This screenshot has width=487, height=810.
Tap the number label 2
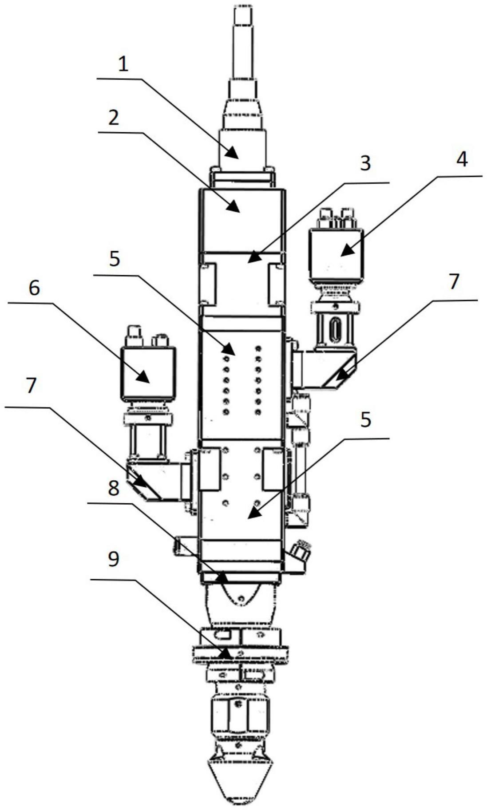pyautogui.click(x=114, y=118)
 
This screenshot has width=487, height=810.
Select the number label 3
pyautogui.click(x=365, y=164)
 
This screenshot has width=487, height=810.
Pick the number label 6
pyautogui.click(x=34, y=288)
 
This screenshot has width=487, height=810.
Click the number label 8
pyautogui.click(x=114, y=489)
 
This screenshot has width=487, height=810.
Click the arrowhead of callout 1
pyautogui.click(x=233, y=153)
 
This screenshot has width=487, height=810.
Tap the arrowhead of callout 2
pyautogui.click(x=234, y=206)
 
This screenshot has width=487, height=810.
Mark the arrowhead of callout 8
pyautogui.click(x=221, y=577)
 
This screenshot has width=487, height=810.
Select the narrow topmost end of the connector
pyautogui.click(x=243, y=18)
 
